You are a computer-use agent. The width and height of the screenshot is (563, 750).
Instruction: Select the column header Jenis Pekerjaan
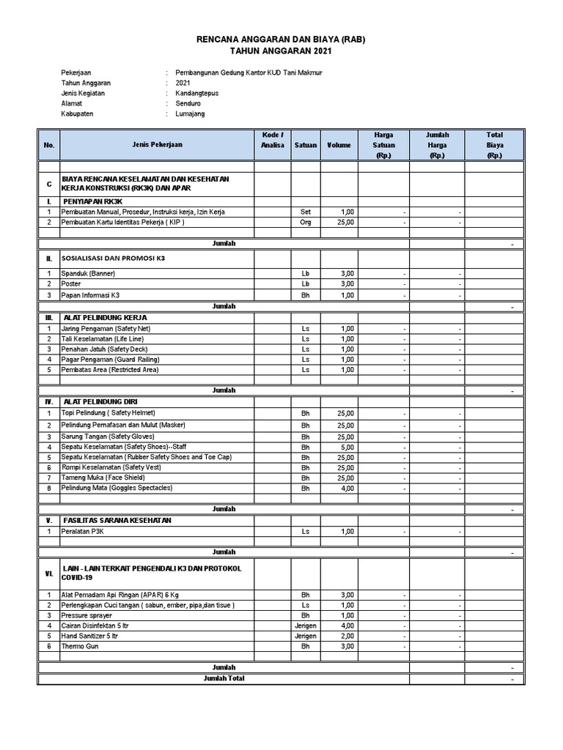pos(158,145)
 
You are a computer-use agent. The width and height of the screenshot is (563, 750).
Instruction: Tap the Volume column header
pos(339,145)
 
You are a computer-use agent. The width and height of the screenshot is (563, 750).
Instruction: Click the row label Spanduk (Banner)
pos(89,273)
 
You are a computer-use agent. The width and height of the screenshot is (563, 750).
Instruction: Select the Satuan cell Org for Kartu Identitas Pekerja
pos(306,222)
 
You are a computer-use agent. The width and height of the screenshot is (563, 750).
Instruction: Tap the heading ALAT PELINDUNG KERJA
pos(106,318)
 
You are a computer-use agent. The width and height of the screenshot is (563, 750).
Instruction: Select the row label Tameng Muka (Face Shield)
pos(103,478)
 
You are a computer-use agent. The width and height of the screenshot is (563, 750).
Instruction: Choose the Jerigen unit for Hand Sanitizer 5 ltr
pos(306,636)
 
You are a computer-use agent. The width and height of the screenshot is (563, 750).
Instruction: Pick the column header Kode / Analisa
pos(272,140)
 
